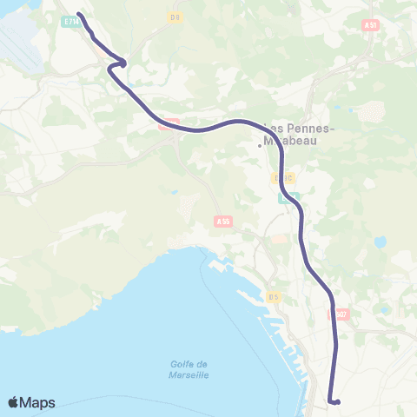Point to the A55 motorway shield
pyautogui.click(x=223, y=222)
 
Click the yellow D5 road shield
pyautogui.click(x=274, y=298)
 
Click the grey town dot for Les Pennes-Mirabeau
pyautogui.click(x=260, y=146)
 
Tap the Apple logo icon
pyautogui.click(x=14, y=402)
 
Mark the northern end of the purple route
pyautogui.click(x=79, y=14)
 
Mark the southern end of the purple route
pyautogui.click(x=336, y=401)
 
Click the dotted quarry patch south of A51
pyautogui.click(x=371, y=111)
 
